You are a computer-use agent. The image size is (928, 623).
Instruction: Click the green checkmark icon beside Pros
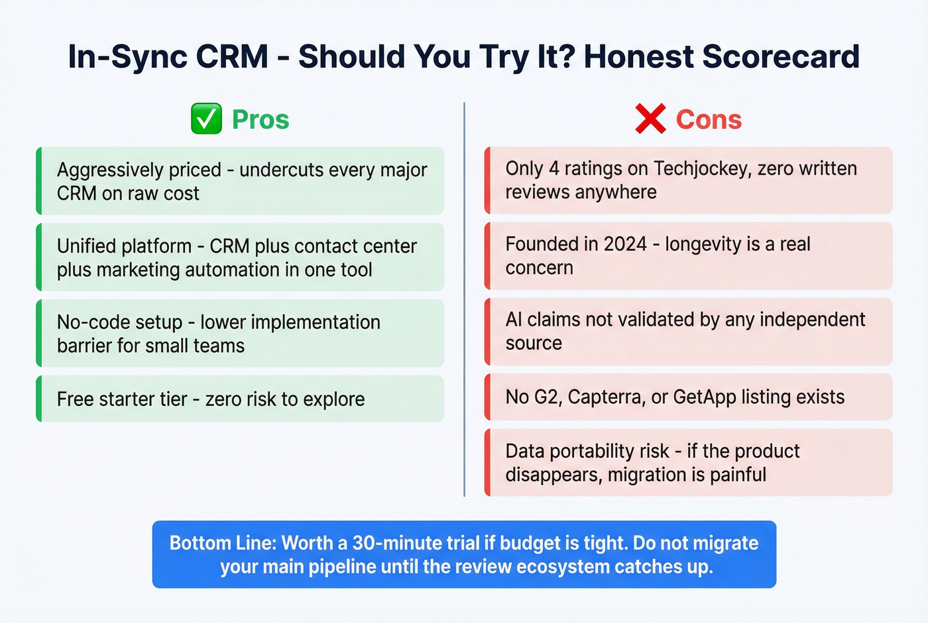(206, 119)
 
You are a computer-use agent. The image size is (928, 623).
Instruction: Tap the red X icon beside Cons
(650, 119)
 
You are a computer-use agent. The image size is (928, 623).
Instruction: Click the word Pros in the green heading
(261, 120)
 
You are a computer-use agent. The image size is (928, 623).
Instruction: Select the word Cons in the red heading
(709, 120)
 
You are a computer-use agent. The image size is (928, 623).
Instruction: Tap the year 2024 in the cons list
(625, 244)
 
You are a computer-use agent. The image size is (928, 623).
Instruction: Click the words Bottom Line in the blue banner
(222, 543)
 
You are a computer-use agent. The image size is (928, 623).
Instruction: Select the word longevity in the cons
(703, 244)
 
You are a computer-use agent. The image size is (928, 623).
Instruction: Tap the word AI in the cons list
(514, 320)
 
